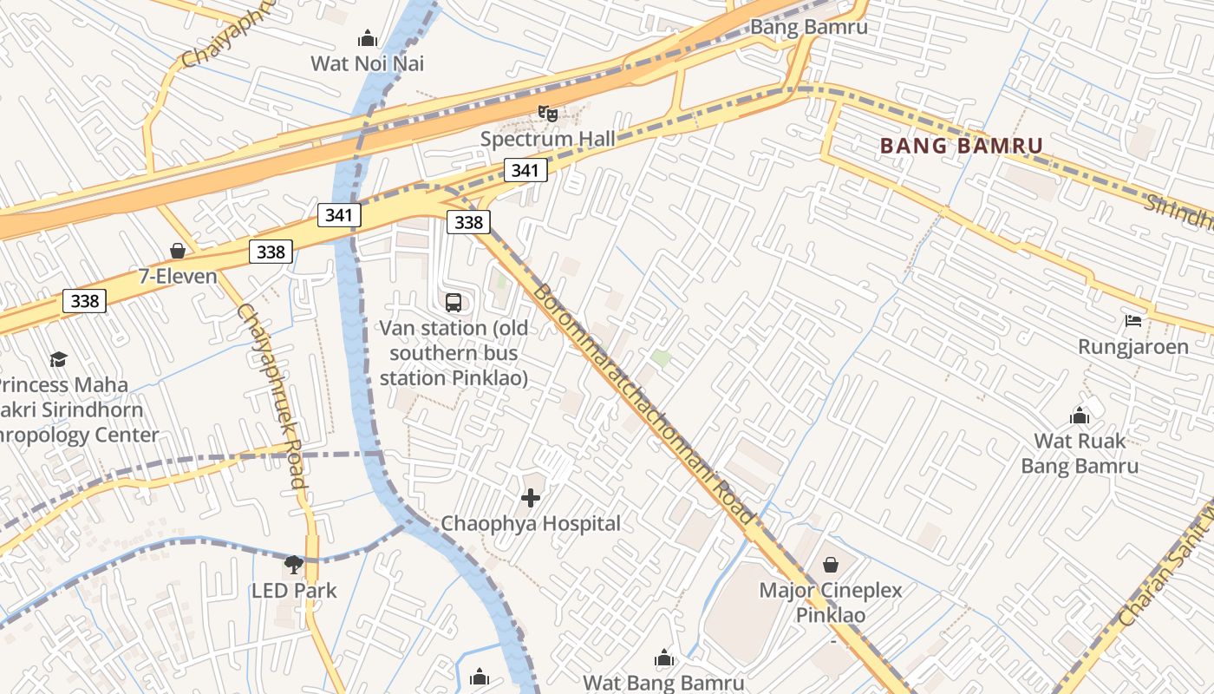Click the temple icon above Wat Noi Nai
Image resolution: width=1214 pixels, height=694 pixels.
point(368,39)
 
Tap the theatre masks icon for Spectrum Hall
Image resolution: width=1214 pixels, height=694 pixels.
point(547,113)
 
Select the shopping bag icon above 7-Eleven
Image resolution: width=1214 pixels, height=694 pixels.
point(178,252)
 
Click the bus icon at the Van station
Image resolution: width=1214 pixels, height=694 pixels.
point(454,303)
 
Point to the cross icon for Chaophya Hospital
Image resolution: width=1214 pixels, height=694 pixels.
point(531,498)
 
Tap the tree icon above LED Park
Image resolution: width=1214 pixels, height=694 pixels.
point(294,565)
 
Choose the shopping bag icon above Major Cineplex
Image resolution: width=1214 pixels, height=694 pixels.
point(831,565)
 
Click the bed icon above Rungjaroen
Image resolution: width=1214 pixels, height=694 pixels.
point(1132,321)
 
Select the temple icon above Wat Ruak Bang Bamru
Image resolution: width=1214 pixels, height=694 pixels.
point(1080,416)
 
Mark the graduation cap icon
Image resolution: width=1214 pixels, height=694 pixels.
point(58,359)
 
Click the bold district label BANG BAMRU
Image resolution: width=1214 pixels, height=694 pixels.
point(961,146)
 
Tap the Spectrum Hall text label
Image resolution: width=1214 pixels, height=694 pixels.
point(547,139)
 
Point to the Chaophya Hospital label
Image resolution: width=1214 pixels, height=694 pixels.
point(531,523)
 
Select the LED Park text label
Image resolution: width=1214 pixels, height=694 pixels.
point(294,591)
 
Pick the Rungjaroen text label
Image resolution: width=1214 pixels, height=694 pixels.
point(1132,347)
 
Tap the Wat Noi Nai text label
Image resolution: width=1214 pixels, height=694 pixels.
point(368,63)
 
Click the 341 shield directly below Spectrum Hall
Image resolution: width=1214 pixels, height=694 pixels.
point(525,170)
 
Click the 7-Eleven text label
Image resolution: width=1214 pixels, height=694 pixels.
point(178,277)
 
